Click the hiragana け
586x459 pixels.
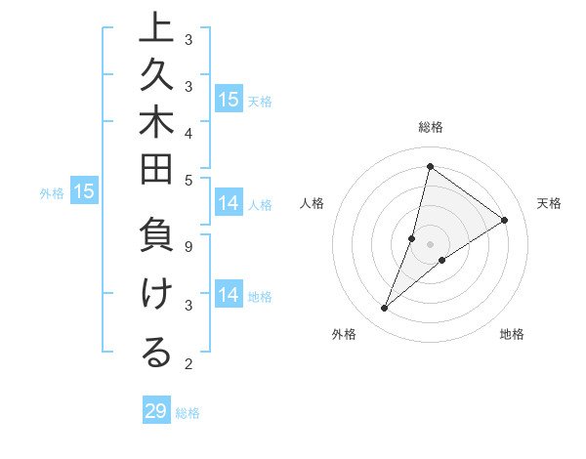156,295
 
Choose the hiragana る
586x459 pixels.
156,354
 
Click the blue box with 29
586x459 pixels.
156,411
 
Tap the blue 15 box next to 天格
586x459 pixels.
229,99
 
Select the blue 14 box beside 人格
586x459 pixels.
229,203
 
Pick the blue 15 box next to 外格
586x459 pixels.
84,192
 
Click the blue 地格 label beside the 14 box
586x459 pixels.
260,297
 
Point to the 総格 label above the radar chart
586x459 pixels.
430,127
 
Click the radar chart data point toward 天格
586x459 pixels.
505,221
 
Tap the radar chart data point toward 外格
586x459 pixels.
385,309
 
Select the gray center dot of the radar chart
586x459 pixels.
430,243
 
